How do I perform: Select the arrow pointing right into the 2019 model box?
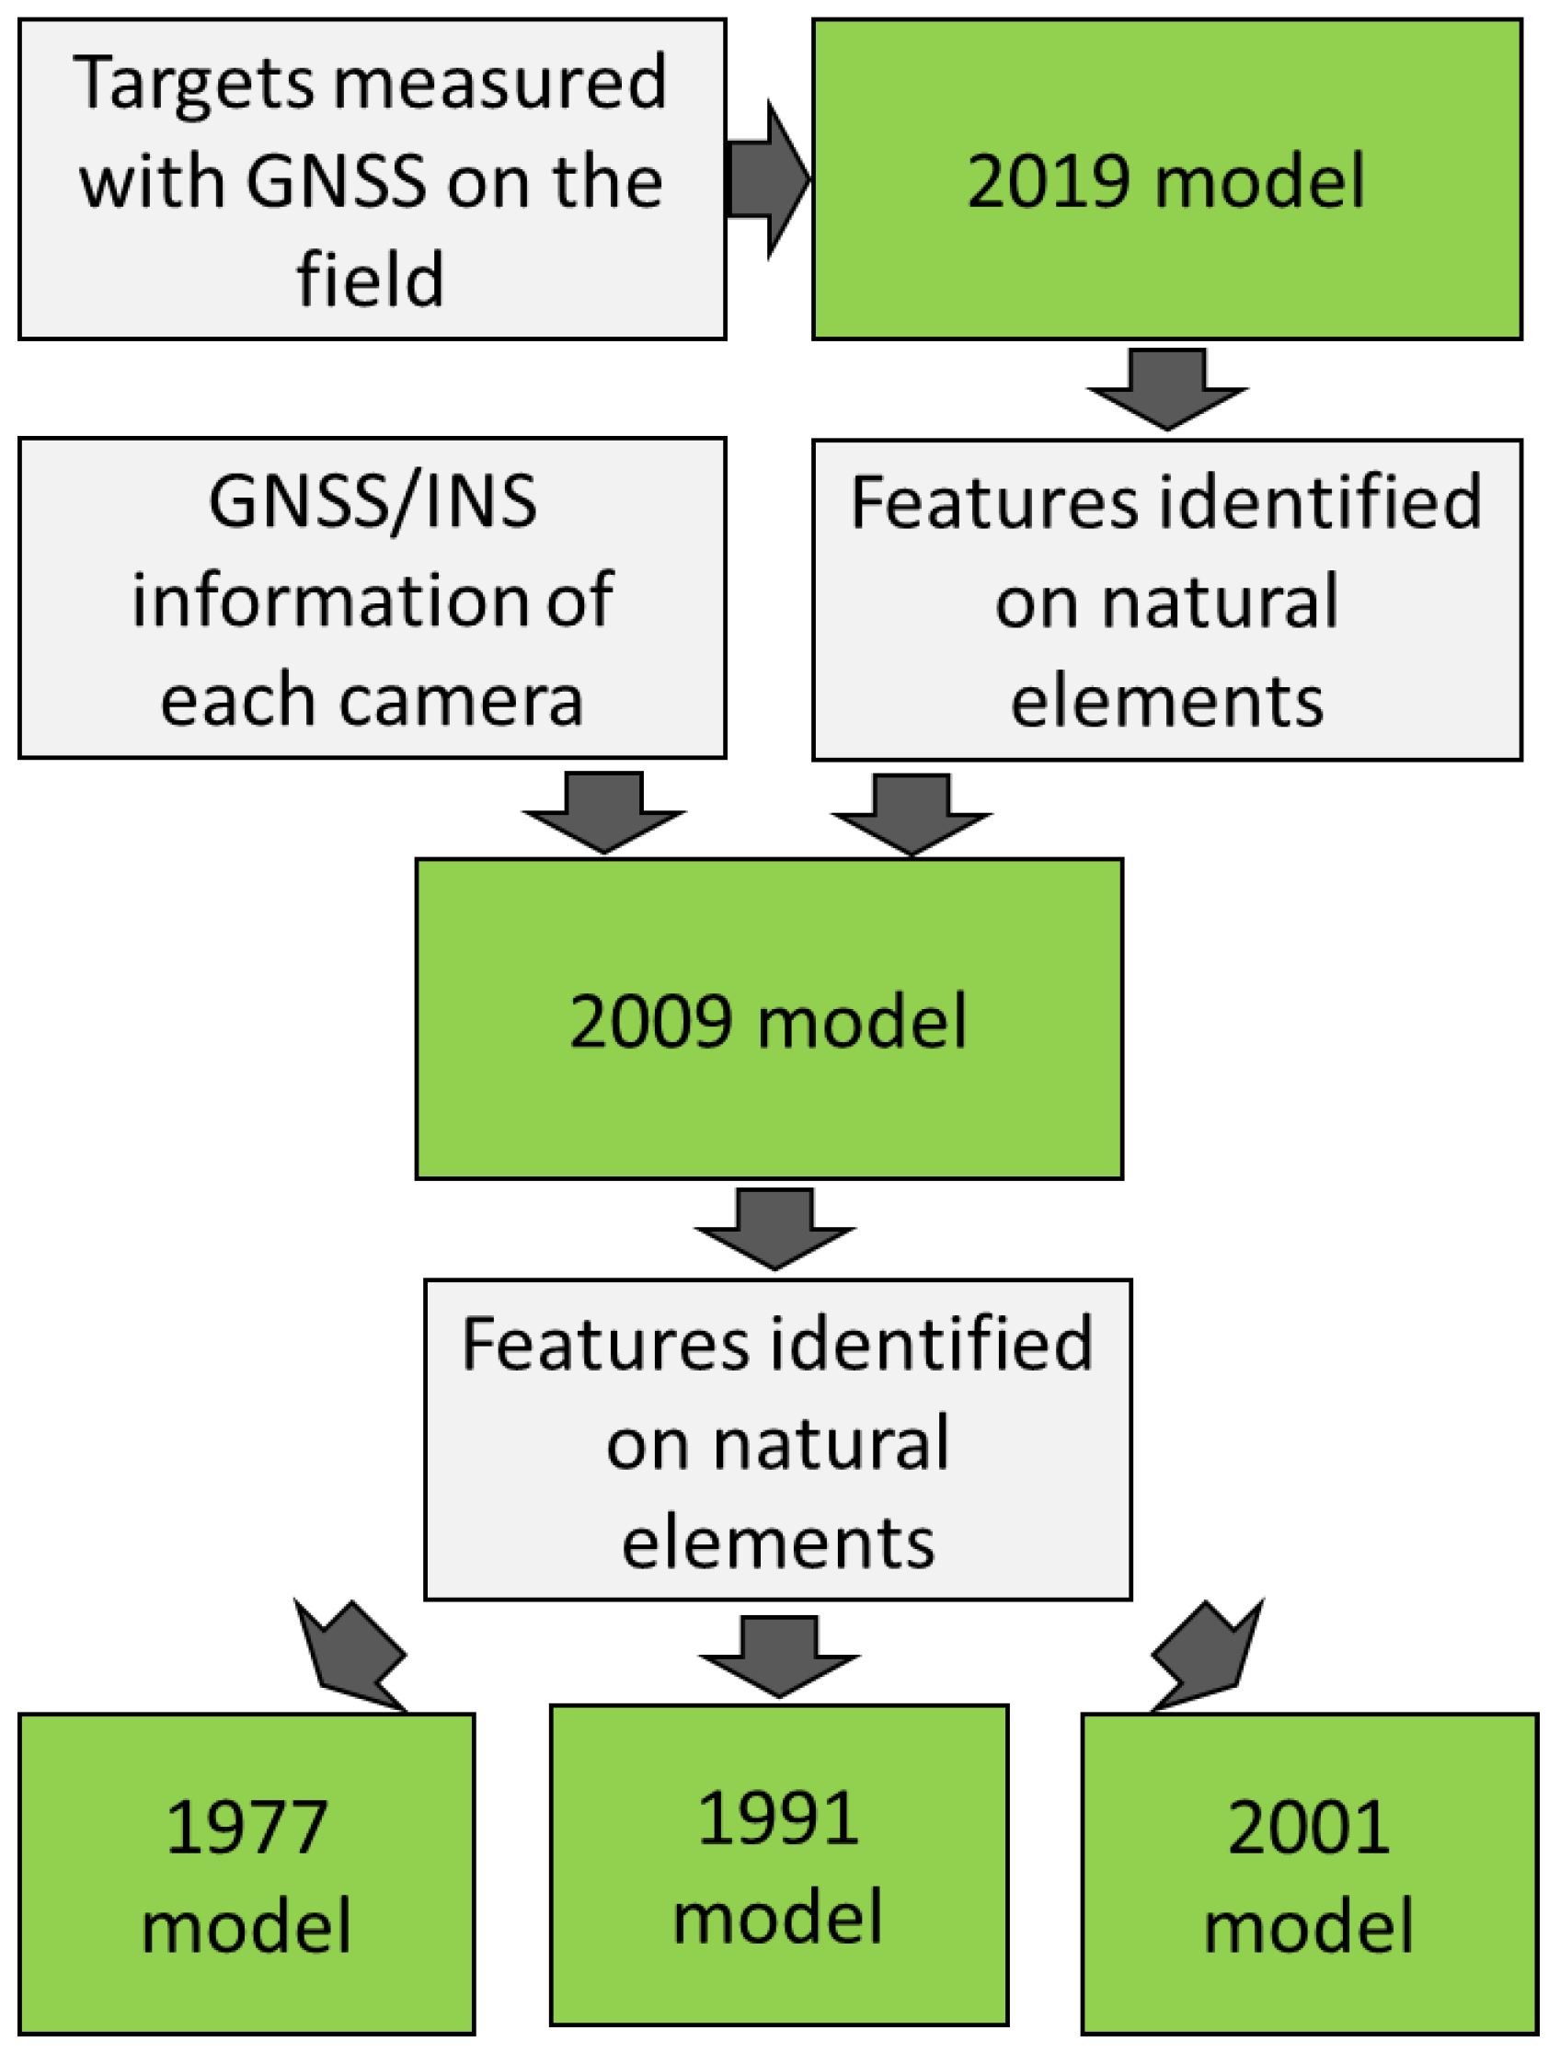click(x=769, y=180)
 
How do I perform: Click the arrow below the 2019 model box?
click(x=1167, y=390)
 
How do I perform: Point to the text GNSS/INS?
click(x=373, y=502)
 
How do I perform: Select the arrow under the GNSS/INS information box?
click(x=604, y=813)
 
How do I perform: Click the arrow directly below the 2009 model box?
click(x=775, y=1229)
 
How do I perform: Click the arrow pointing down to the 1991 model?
click(x=779, y=1657)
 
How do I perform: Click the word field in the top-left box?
click(x=371, y=279)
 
